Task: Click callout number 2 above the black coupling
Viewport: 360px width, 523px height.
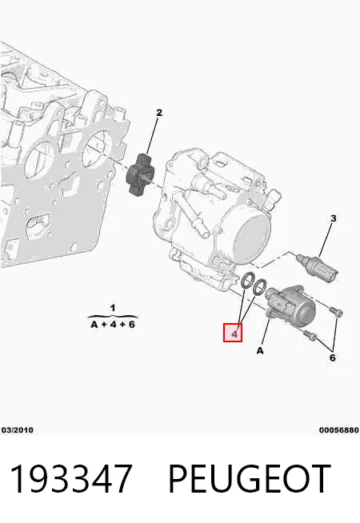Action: [x=159, y=113]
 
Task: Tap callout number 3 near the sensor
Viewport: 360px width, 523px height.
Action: [x=333, y=218]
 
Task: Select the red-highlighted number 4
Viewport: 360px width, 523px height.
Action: [x=234, y=334]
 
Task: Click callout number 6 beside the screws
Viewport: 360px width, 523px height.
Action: [x=332, y=357]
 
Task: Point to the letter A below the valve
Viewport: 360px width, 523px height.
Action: [x=260, y=350]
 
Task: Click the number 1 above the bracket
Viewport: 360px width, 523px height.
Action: [x=113, y=308]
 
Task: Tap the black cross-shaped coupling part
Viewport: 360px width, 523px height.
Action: [x=139, y=175]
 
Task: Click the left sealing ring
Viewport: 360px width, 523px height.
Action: [x=247, y=281]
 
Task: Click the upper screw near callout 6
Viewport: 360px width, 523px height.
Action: [x=336, y=311]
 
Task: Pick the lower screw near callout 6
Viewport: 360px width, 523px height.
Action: [x=310, y=335]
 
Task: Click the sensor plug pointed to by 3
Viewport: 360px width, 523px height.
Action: [x=317, y=266]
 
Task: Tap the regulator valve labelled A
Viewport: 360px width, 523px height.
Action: [x=290, y=305]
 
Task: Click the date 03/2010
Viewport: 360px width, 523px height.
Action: [x=18, y=430]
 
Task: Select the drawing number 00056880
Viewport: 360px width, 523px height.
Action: [x=339, y=430]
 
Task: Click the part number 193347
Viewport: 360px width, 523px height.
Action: [x=71, y=479]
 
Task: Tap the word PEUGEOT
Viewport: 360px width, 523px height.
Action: [x=250, y=479]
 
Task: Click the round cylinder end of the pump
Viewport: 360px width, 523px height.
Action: [x=253, y=238]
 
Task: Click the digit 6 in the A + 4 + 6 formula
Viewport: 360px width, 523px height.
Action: [x=131, y=324]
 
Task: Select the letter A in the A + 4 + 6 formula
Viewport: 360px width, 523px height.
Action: [x=94, y=324]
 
